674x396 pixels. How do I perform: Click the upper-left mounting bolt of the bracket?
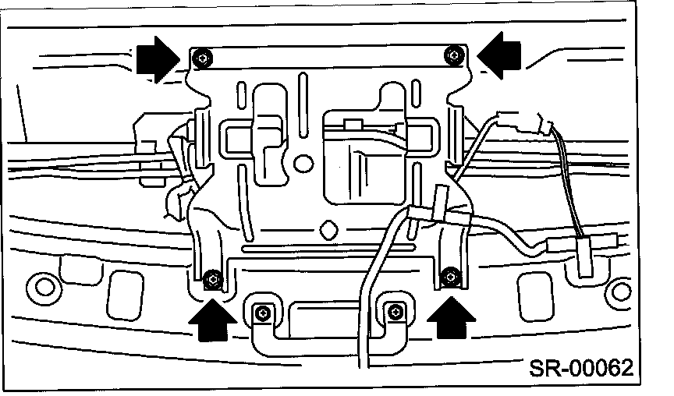(x=203, y=57)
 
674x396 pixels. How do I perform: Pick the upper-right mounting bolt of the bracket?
(x=452, y=55)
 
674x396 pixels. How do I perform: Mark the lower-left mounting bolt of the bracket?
(x=212, y=280)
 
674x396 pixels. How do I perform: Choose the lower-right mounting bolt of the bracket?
(x=450, y=277)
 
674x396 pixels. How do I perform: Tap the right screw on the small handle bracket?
(x=396, y=312)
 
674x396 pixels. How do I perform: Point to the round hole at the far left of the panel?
(x=44, y=287)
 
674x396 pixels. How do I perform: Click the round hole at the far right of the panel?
(x=622, y=292)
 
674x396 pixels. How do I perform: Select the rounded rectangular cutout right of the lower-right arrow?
(x=535, y=297)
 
